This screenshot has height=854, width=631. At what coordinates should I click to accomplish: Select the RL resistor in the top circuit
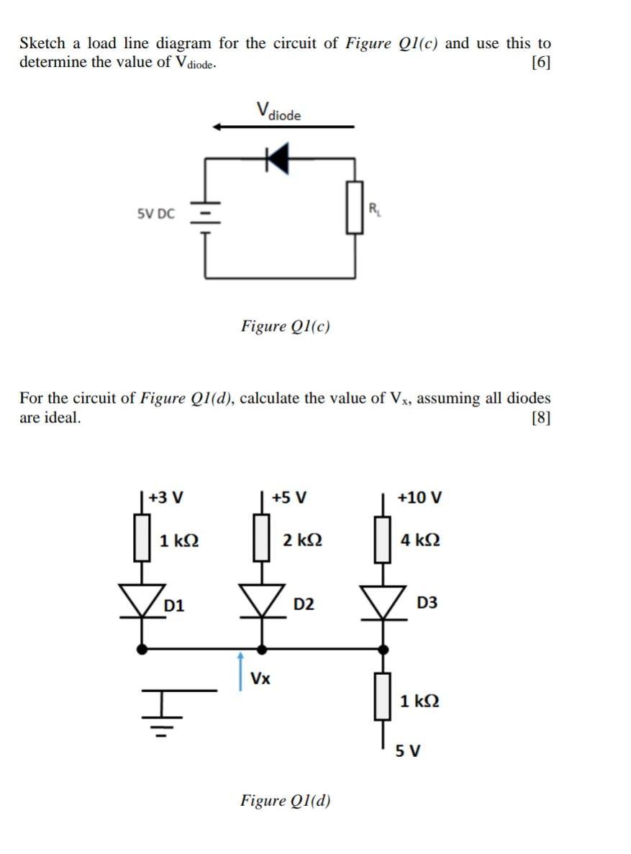point(354,207)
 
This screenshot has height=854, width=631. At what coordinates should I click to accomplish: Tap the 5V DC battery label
point(155,214)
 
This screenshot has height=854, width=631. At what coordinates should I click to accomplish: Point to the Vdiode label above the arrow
point(278,112)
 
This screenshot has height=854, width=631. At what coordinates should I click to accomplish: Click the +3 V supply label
point(166,497)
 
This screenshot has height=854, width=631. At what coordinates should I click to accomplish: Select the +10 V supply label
point(419,497)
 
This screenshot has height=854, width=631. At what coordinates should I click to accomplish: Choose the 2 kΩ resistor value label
point(302,540)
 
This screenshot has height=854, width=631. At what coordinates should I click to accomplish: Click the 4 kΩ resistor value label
point(420,540)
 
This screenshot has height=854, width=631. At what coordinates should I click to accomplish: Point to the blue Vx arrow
point(241,671)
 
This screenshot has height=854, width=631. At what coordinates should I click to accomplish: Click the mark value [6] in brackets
point(540,63)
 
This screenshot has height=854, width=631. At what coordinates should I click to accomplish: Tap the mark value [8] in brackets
point(540,418)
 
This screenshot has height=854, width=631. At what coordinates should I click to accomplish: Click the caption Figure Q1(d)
point(286,801)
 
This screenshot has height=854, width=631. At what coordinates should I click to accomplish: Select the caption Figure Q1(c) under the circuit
point(286,326)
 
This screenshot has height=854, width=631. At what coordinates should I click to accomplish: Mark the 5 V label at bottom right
point(408,751)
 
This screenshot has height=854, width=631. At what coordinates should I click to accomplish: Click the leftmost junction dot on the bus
point(142,649)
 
